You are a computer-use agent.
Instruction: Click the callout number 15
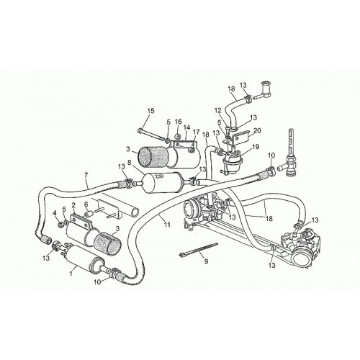150,111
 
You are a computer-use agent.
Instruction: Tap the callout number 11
167,225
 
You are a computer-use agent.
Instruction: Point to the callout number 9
206,261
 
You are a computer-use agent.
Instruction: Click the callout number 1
71,273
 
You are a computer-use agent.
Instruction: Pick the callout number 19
256,147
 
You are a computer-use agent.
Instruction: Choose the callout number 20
257,131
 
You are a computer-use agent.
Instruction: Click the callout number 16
179,122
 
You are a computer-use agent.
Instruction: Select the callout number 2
73,205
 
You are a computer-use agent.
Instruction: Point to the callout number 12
217,111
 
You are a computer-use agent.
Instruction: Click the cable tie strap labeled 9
199,250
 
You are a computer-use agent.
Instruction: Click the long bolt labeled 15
152,135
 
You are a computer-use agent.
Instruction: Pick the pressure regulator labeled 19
232,159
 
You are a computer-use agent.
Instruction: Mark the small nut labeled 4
60,225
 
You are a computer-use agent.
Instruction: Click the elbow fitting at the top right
265,91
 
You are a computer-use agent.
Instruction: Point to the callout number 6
86,204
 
